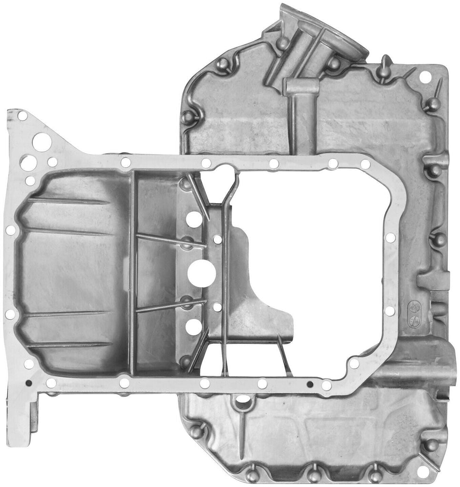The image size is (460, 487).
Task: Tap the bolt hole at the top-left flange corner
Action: [22, 115]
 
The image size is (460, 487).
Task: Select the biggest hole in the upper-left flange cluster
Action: [42, 142]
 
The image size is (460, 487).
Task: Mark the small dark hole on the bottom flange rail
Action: [310, 384]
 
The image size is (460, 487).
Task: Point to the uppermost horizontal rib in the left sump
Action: [67, 202]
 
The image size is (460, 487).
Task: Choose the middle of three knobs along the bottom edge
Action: [313, 474]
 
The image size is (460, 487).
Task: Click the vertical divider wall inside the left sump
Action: [132, 271]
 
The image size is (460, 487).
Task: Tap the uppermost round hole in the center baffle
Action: [194, 219]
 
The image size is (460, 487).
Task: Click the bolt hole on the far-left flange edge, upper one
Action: [10, 230]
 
